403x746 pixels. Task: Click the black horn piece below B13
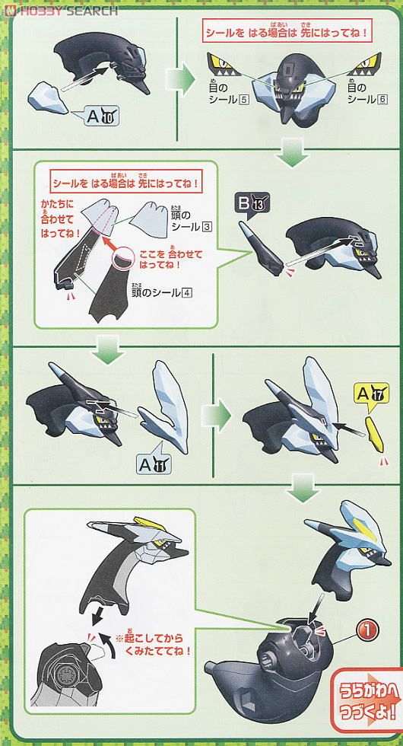[259, 248]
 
